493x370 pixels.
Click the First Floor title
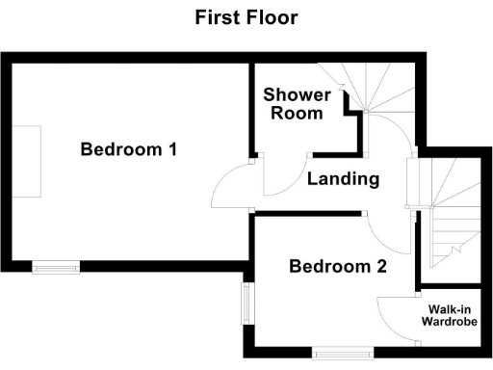(x=246, y=17)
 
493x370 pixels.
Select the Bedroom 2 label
(x=338, y=267)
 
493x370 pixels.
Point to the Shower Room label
(x=297, y=103)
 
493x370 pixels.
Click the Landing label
(x=343, y=179)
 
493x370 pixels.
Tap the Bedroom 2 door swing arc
(x=379, y=231)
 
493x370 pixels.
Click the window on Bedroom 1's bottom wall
(x=56, y=265)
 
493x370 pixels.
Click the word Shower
(x=297, y=94)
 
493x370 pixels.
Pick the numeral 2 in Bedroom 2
(x=380, y=267)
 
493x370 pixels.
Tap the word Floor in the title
(x=272, y=17)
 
